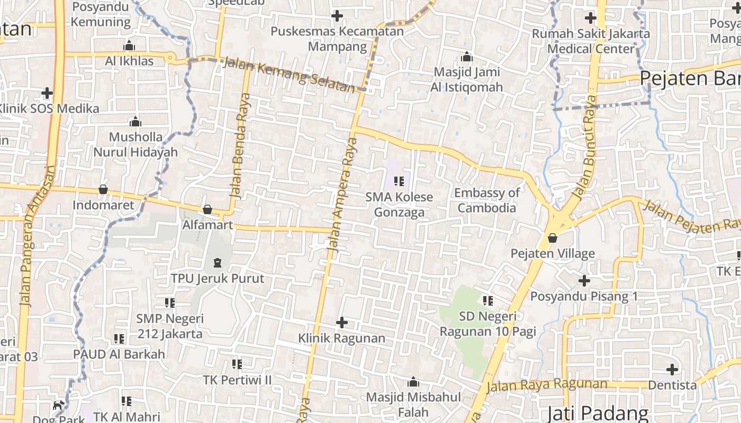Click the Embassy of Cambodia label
(x=486, y=200)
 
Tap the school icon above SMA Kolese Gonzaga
(x=399, y=181)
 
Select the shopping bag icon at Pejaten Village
(x=553, y=238)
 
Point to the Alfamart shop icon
(x=207, y=209)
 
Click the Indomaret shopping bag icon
(x=103, y=189)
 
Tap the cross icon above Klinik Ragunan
(x=342, y=322)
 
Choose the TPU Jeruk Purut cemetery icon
(x=217, y=262)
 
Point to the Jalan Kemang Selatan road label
(x=289, y=75)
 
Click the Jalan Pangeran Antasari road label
(x=37, y=235)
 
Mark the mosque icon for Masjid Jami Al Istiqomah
(x=467, y=57)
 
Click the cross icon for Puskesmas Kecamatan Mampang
(x=337, y=16)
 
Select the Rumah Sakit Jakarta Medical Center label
(x=591, y=41)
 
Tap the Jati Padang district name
(x=598, y=413)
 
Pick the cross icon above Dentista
(x=672, y=369)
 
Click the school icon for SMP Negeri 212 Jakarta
(x=169, y=303)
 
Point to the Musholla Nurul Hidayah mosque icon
(x=135, y=122)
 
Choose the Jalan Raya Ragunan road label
(x=546, y=385)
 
